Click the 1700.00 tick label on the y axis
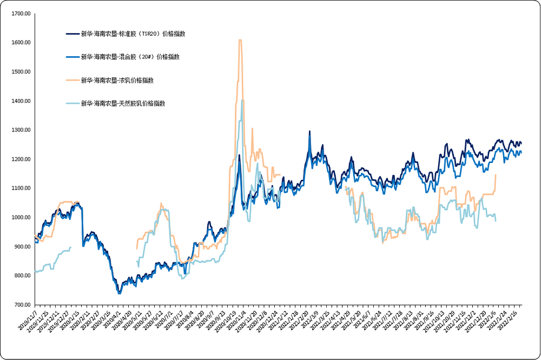pos(21,14)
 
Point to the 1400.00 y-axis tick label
pos(21,101)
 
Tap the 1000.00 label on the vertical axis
pos(21,218)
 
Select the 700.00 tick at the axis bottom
pos(22,305)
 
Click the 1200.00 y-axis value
pos(21,160)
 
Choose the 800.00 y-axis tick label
pos(22,276)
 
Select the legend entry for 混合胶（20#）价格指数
pos(130,57)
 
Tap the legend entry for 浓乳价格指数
pos(117,80)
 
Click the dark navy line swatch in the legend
pos(72,34)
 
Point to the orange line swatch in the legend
pos(72,80)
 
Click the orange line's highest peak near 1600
pos(240,41)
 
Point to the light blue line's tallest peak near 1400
pos(242,101)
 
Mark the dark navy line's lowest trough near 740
pos(119,293)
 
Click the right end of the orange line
pos(496,175)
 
